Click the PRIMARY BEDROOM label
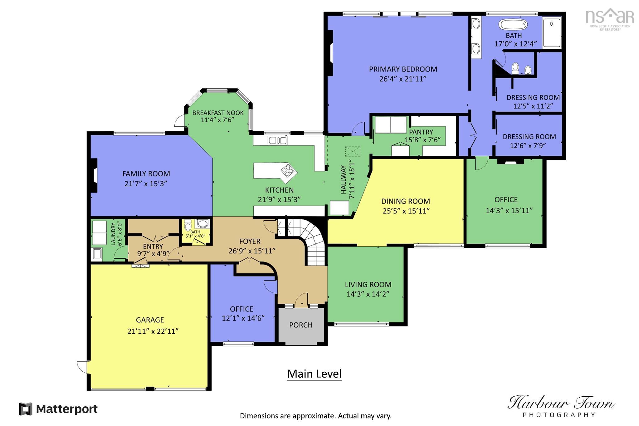[x=403, y=69]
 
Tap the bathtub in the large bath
[x=513, y=24]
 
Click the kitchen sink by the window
[x=277, y=140]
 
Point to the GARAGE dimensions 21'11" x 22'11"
[x=153, y=331]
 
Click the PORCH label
[x=301, y=325]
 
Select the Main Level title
[x=314, y=374]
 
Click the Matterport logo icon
[x=26, y=409]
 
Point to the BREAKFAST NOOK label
[x=218, y=113]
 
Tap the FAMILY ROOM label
[x=146, y=174]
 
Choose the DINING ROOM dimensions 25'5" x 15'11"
[x=406, y=211]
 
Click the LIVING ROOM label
[x=368, y=285]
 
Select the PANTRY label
[x=421, y=132]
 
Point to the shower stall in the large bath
[x=552, y=32]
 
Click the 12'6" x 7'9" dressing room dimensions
[x=528, y=145]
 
